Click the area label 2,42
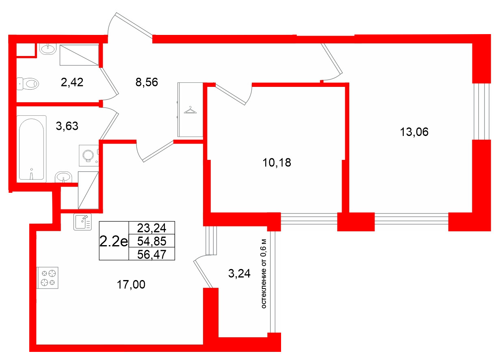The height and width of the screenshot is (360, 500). point(72,83)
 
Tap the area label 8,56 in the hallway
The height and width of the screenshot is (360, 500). point(146,83)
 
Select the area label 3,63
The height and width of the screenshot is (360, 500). point(67,126)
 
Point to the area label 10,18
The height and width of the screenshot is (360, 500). point(277,163)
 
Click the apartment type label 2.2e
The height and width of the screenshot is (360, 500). point(113,241)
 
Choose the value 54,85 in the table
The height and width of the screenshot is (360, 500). point(151,241)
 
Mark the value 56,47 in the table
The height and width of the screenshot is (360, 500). point(151,254)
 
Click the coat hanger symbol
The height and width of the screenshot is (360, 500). point(190,110)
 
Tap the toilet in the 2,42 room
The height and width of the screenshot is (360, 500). point(28,84)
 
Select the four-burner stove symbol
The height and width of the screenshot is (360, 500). point(48,278)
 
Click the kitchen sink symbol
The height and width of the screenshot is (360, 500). point(82,222)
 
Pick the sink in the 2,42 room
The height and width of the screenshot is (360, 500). point(48,49)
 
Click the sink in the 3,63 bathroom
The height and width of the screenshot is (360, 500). point(64,177)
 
